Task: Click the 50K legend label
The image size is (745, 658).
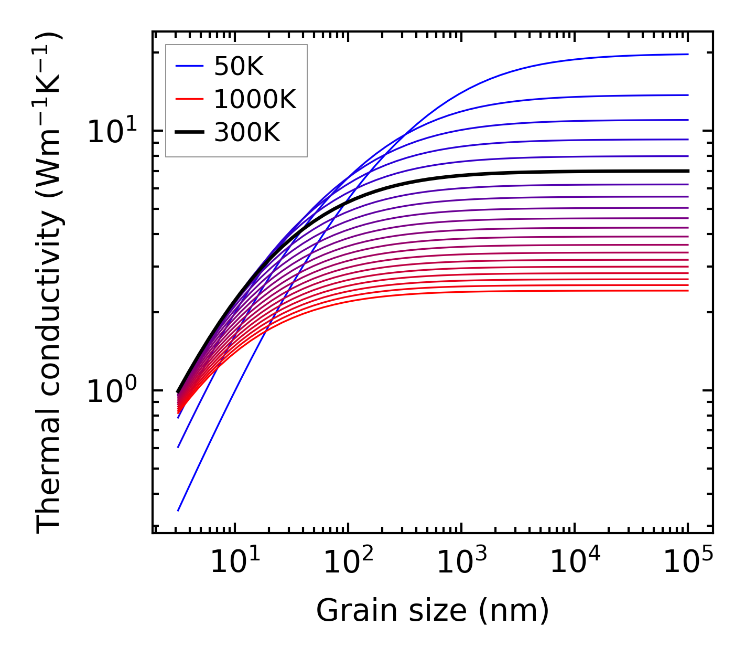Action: point(239,66)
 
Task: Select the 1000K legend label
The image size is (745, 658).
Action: point(255,99)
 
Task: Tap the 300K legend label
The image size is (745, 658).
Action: point(247,133)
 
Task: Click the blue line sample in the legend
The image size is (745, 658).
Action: point(189,66)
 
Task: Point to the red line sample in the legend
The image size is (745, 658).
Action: point(189,99)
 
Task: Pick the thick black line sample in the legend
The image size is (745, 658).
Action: point(189,133)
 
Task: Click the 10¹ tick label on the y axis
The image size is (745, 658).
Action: point(112,131)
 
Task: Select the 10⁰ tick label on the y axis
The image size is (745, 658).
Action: point(112,391)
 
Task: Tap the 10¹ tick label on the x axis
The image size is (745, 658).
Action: point(235,563)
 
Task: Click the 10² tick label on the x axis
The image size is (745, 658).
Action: point(348,563)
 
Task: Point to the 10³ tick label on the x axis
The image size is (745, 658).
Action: point(461,563)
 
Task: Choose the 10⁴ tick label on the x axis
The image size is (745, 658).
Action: point(575,563)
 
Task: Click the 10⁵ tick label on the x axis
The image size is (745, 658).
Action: point(688,563)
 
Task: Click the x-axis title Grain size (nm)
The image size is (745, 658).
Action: point(433,611)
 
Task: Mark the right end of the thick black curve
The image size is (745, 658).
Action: point(688,171)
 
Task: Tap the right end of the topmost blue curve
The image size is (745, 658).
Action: point(688,54)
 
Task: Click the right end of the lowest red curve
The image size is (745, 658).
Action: point(688,291)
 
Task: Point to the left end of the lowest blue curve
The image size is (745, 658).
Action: point(178,510)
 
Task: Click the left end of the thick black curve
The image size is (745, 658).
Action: point(178,391)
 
